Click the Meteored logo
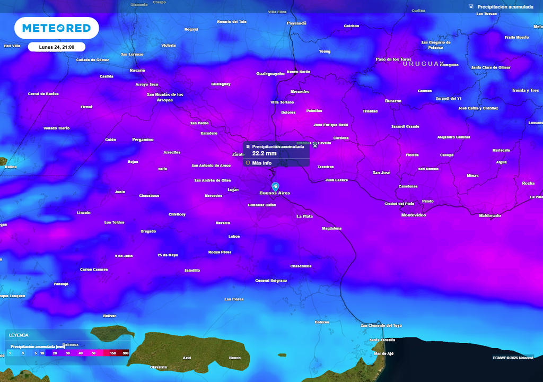click(56, 28)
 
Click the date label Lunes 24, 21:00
click(57, 47)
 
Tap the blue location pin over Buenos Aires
click(275, 186)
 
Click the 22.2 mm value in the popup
click(264, 153)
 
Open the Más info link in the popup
click(261, 163)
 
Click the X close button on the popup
click(315, 145)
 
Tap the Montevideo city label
click(414, 215)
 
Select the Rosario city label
click(137, 70)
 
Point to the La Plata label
click(304, 216)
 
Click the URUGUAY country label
click(423, 64)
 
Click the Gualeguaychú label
click(270, 74)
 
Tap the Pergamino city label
click(143, 140)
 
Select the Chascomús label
click(301, 266)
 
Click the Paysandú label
click(296, 23)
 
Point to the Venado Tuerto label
click(56, 128)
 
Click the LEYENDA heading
click(19, 335)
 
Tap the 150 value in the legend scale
click(113, 353)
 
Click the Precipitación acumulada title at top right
click(505, 7)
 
